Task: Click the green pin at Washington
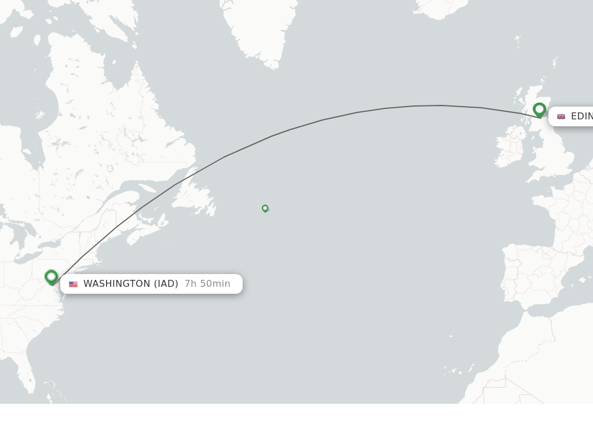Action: click(52, 277)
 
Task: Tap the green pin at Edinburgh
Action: click(539, 109)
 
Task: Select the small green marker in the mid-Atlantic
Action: click(265, 208)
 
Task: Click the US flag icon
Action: click(73, 284)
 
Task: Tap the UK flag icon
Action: click(561, 116)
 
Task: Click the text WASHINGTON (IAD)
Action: click(131, 284)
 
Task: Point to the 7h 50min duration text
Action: click(207, 284)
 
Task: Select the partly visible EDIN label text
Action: click(581, 116)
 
